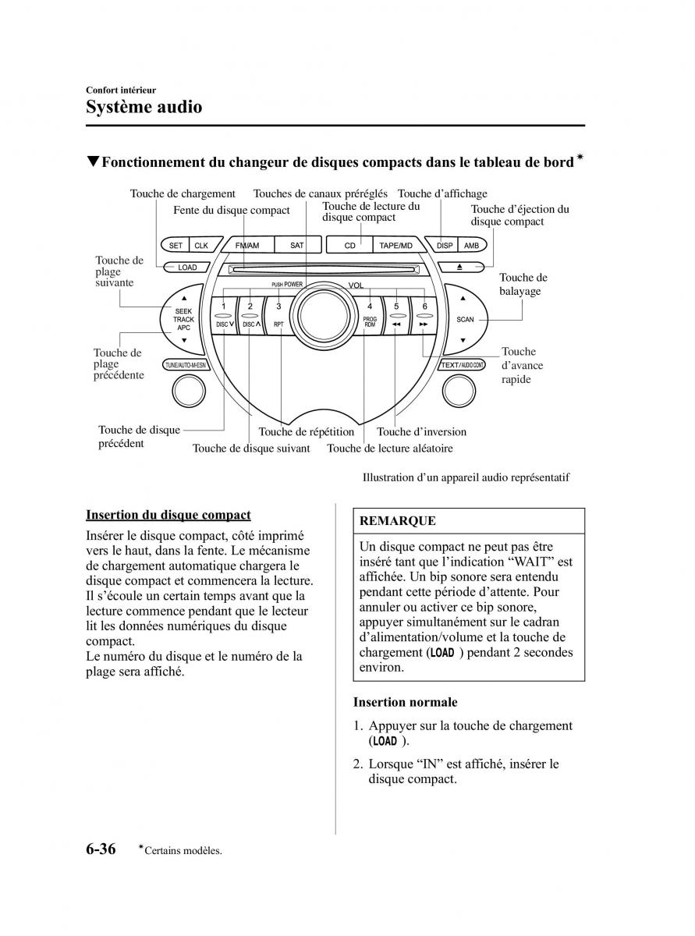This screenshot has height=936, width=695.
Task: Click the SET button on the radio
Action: [x=176, y=246]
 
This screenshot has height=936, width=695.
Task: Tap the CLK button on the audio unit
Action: [x=201, y=246]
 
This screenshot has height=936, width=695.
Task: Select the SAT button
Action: [x=296, y=246]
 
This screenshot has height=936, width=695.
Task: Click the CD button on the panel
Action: [x=350, y=246]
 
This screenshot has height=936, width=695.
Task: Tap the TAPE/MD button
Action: [x=395, y=246]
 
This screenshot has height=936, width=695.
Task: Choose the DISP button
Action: [x=445, y=246]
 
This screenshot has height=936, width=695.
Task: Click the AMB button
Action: [x=471, y=246]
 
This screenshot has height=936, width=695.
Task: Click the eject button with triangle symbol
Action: [x=459, y=267]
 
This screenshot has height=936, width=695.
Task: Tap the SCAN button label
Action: [x=465, y=319]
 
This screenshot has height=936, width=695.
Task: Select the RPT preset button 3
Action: [x=278, y=316]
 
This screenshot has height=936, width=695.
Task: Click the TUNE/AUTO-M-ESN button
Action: [x=186, y=365]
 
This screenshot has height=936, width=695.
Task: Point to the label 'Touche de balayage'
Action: [x=523, y=284]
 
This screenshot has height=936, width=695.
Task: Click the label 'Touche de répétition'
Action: [x=306, y=431]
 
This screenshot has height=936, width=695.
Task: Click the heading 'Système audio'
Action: [x=144, y=107]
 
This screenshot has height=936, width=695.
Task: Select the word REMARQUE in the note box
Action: [x=398, y=521]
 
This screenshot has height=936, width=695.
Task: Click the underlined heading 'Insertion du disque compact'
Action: [x=168, y=515]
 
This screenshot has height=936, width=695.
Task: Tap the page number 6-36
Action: [x=101, y=849]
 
